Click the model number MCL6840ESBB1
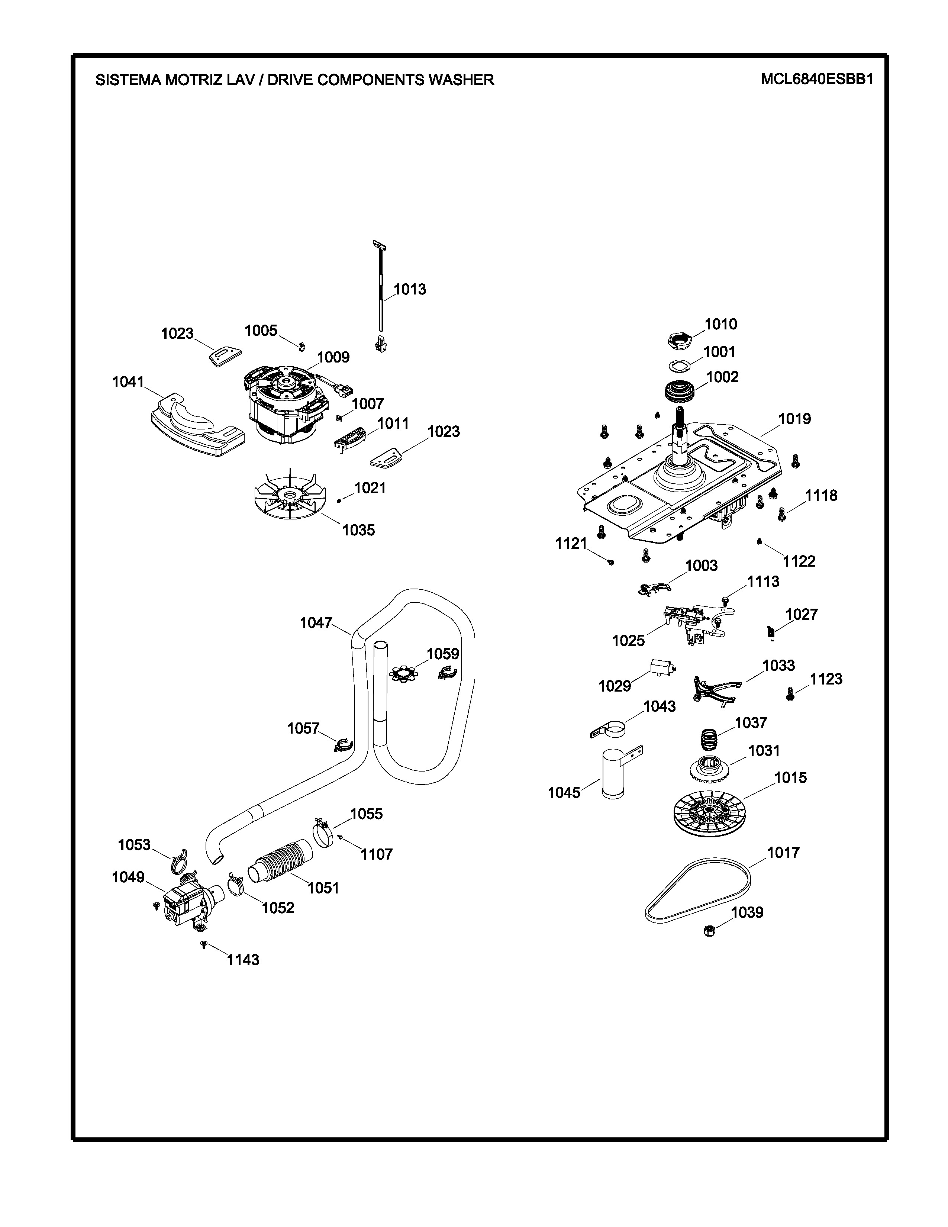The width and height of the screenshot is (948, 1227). pos(817,79)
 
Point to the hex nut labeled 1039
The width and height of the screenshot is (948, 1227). pos(709,931)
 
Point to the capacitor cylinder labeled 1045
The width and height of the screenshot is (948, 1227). pos(613,774)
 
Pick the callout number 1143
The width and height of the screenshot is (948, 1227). pos(243,960)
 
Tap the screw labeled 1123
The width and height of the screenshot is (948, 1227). pos(790,695)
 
